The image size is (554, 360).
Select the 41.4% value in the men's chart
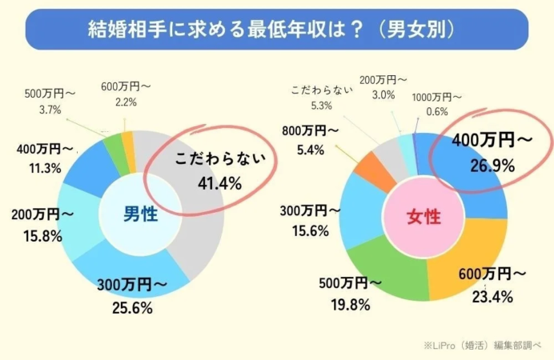tap(219, 184)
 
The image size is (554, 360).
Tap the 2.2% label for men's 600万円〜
tap(126, 102)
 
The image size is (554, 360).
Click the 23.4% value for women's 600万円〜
tap(493, 294)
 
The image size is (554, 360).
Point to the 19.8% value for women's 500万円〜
tap(348, 304)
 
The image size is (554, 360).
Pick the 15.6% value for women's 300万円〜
tap(300, 230)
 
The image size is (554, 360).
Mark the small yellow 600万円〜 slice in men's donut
tap(128, 142)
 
